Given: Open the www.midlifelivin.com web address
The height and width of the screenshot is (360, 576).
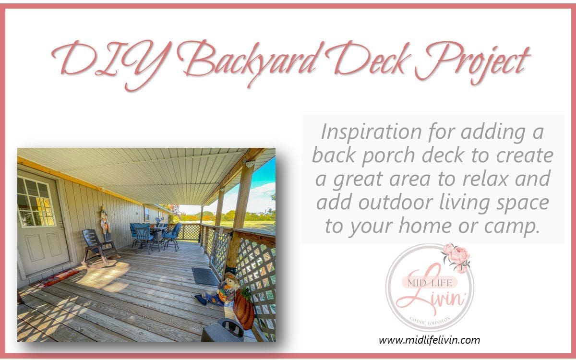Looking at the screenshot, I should click(x=429, y=340).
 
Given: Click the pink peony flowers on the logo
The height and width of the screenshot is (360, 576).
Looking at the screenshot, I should click(x=457, y=257).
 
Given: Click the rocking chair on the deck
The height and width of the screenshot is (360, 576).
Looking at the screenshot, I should click(x=98, y=247).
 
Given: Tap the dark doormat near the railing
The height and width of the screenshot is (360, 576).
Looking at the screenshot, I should click(x=205, y=276).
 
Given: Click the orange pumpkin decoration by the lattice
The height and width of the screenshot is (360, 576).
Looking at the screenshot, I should click(x=244, y=310).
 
